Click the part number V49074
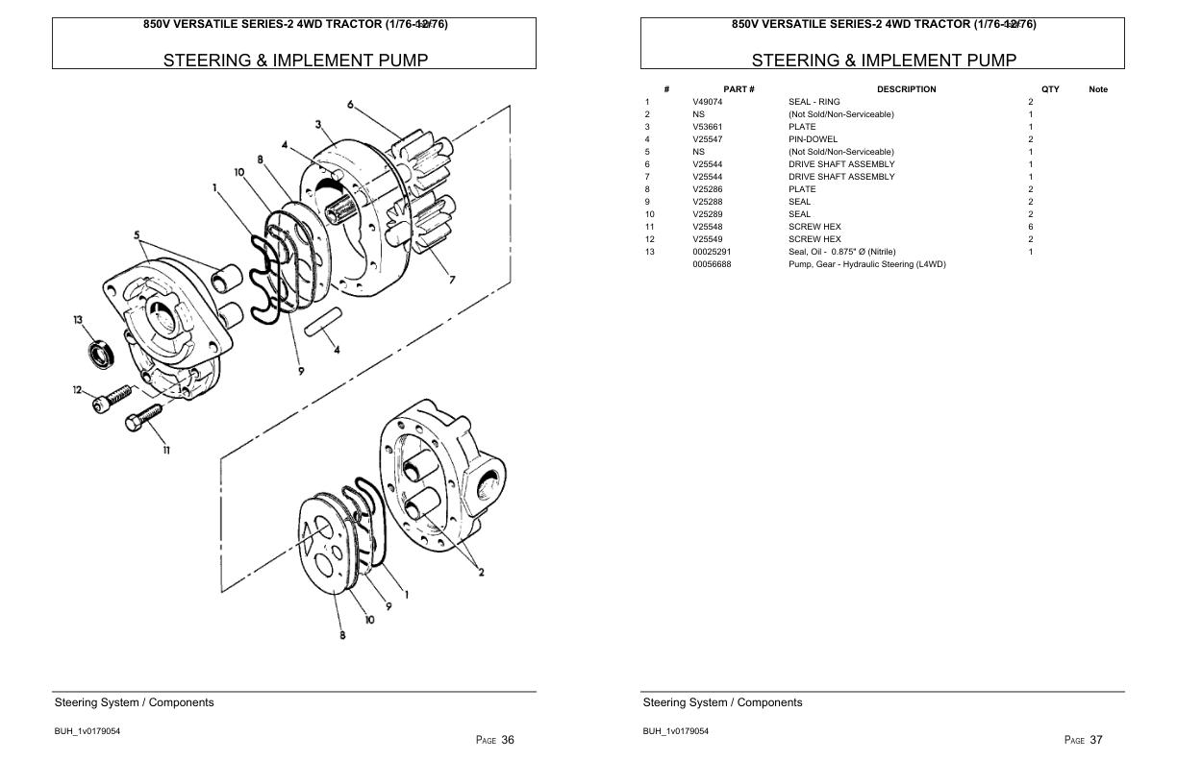click(x=707, y=102)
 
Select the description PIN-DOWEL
click(x=813, y=139)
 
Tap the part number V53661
click(x=707, y=127)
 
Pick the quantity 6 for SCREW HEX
click(x=1031, y=227)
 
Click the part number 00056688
click(x=712, y=264)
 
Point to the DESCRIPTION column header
click(x=906, y=89)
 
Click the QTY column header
click(x=1050, y=89)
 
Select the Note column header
click(x=1098, y=89)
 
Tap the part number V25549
click(x=707, y=239)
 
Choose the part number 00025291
click(x=712, y=252)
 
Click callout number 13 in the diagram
click(x=78, y=320)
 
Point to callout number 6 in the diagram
click(x=351, y=105)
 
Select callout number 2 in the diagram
click(x=481, y=573)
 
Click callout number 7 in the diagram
click(x=451, y=281)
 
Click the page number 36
click(x=508, y=740)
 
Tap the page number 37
click(x=1096, y=740)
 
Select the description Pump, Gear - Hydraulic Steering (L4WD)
click(x=866, y=264)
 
